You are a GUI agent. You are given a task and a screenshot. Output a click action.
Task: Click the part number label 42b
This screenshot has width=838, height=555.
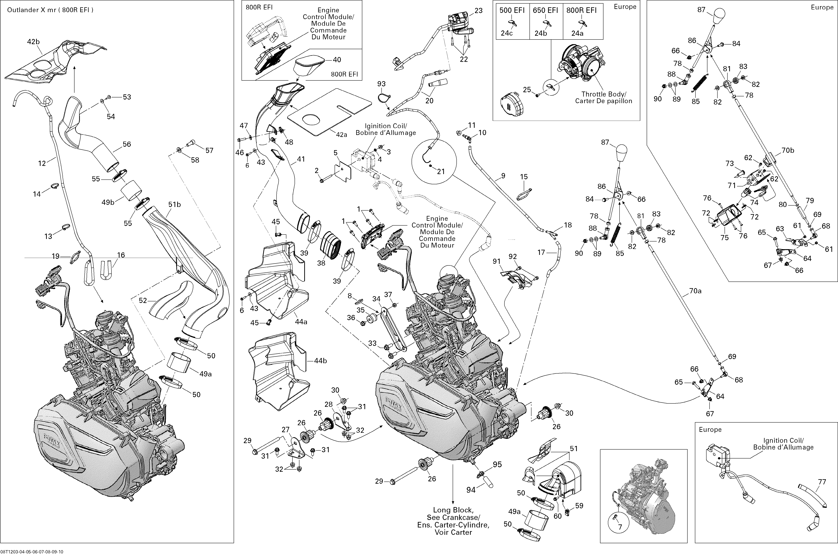click(33, 42)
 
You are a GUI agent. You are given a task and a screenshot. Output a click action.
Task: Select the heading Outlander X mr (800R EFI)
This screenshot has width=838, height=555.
click(50, 10)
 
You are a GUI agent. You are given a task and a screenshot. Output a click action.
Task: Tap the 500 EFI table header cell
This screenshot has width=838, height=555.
click(512, 10)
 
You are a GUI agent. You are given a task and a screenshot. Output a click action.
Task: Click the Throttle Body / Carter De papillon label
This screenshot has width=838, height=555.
click(603, 98)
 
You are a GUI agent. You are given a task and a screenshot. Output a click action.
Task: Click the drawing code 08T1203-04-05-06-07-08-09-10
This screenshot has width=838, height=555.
click(32, 551)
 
